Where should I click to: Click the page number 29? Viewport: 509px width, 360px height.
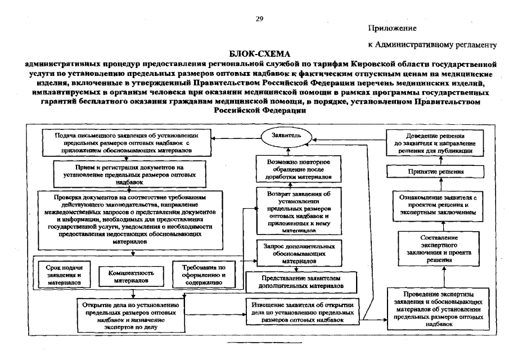pyautogui.click(x=259, y=18)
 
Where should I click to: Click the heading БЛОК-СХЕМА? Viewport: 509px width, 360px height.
pyautogui.click(x=260, y=54)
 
